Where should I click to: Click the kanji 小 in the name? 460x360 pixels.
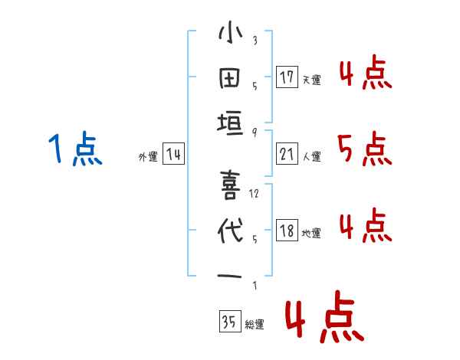point(230,34)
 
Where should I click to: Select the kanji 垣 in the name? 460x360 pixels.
point(230,123)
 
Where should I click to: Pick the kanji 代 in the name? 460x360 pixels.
point(230,231)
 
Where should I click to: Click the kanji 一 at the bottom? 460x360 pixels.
point(230,277)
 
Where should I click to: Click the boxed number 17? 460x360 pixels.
point(287,77)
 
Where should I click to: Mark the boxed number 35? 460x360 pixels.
point(228,322)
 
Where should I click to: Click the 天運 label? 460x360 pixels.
point(311,80)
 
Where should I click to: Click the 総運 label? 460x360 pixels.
point(254,324)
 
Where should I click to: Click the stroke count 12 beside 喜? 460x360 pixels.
point(255,194)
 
